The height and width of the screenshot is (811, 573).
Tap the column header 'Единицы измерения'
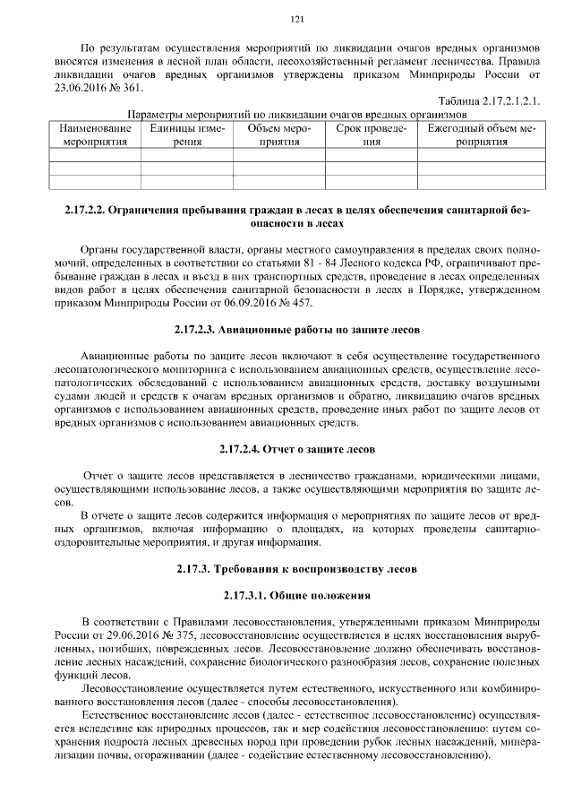[x=187, y=135]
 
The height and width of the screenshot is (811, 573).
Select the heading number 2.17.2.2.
[x=84, y=211]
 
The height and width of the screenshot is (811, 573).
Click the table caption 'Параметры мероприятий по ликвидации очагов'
[x=298, y=115]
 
